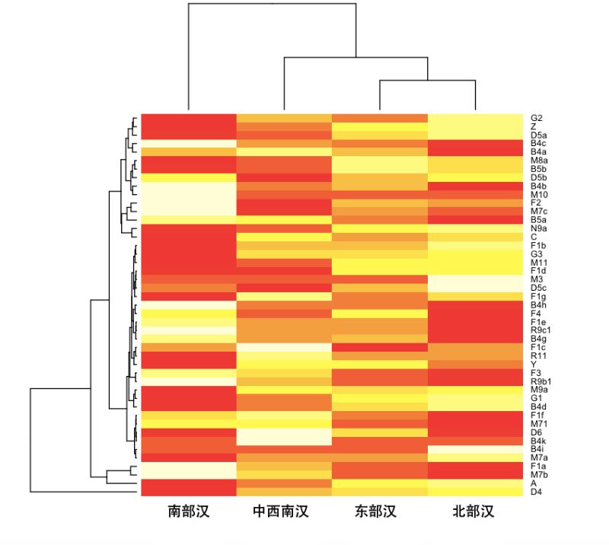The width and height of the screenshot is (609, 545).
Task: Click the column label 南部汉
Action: tap(188, 512)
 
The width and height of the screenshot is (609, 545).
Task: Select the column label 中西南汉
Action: tap(284, 512)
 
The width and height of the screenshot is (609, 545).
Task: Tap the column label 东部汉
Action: tap(378, 512)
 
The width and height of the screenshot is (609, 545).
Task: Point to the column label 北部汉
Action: tap(473, 512)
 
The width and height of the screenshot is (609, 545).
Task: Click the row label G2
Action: tap(537, 118)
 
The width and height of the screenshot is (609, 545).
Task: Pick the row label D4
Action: tap(536, 492)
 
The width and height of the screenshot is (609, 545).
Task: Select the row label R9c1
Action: tap(540, 330)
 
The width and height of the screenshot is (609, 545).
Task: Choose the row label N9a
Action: tap(538, 228)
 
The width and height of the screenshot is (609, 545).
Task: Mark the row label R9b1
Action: tap(540, 381)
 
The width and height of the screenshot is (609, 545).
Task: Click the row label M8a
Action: tap(538, 161)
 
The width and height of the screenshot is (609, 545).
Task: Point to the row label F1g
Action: tap(537, 296)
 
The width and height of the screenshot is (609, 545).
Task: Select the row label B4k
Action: tap(537, 441)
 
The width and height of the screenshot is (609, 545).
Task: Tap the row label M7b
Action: tap(538, 475)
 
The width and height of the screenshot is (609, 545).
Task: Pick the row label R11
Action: tap(537, 356)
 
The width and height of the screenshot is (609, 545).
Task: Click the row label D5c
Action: tap(537, 288)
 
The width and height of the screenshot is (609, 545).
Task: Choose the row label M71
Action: tap(538, 424)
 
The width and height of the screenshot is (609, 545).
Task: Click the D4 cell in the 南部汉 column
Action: tap(188, 492)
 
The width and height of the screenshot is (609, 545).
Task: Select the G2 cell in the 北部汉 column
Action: tap(473, 118)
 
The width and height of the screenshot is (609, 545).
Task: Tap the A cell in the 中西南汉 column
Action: tap(284, 483)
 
